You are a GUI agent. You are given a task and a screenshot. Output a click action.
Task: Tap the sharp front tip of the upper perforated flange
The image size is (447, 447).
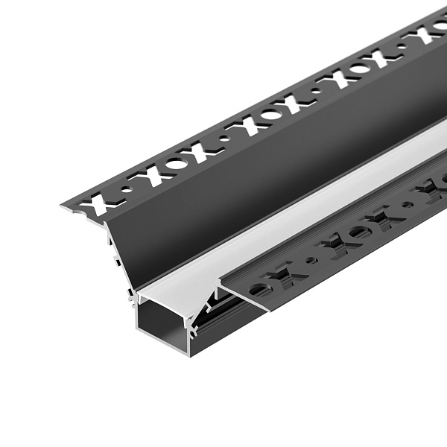[62, 206]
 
